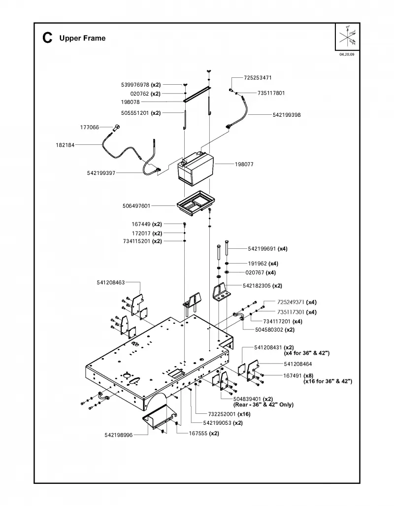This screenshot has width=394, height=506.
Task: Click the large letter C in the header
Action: (47, 38)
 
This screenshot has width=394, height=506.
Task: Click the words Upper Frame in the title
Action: (82, 38)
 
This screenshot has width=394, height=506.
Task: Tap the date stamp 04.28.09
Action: (347, 54)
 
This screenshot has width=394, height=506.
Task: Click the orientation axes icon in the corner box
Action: (348, 36)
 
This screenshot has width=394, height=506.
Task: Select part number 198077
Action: (244, 164)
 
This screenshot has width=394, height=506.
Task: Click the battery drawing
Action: (196, 170)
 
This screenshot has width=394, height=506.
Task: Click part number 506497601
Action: (136, 206)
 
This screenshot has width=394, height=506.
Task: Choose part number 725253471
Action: (258, 78)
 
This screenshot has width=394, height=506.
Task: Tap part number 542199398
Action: (287, 115)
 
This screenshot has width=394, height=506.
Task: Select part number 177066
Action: (89, 128)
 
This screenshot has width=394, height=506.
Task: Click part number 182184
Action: (65, 145)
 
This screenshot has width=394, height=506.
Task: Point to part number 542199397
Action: (101, 173)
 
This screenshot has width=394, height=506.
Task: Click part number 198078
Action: (131, 102)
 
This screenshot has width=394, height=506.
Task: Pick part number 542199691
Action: (262, 249)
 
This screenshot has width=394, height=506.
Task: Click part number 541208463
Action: (111, 283)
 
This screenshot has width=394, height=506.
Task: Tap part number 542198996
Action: (118, 435)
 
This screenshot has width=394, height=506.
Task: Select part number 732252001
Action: (222, 414)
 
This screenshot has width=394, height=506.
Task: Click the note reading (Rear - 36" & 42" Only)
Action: (263, 405)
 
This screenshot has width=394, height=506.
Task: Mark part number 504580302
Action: (269, 330)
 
